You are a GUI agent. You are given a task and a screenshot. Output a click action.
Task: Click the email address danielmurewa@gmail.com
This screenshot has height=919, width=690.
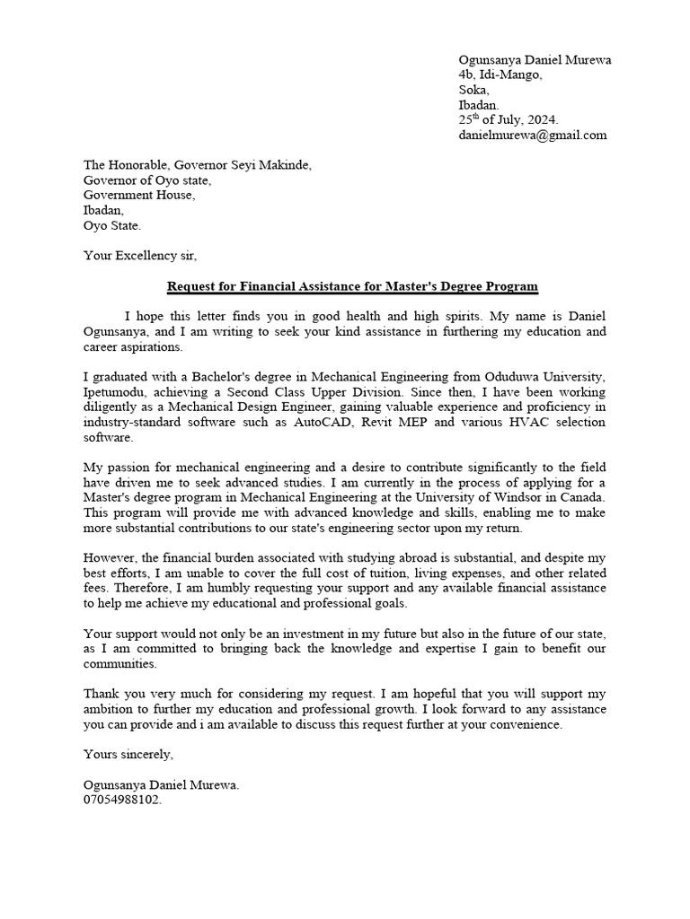tap(532, 135)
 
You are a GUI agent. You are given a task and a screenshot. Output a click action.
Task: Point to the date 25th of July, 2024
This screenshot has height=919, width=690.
tap(508, 119)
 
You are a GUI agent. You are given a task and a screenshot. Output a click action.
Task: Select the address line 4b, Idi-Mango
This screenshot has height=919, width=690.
tap(500, 74)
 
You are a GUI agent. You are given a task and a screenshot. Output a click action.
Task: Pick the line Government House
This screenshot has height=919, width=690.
tap(138, 196)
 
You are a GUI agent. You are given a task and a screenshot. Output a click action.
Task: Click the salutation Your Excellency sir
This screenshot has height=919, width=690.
tap(138, 255)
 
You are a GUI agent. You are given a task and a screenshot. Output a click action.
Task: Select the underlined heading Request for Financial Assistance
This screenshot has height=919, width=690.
tap(352, 286)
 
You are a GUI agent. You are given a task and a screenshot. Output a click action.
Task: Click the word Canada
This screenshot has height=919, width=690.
tap(581, 497)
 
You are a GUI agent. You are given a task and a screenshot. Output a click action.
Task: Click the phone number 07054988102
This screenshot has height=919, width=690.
tap(122, 799)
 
